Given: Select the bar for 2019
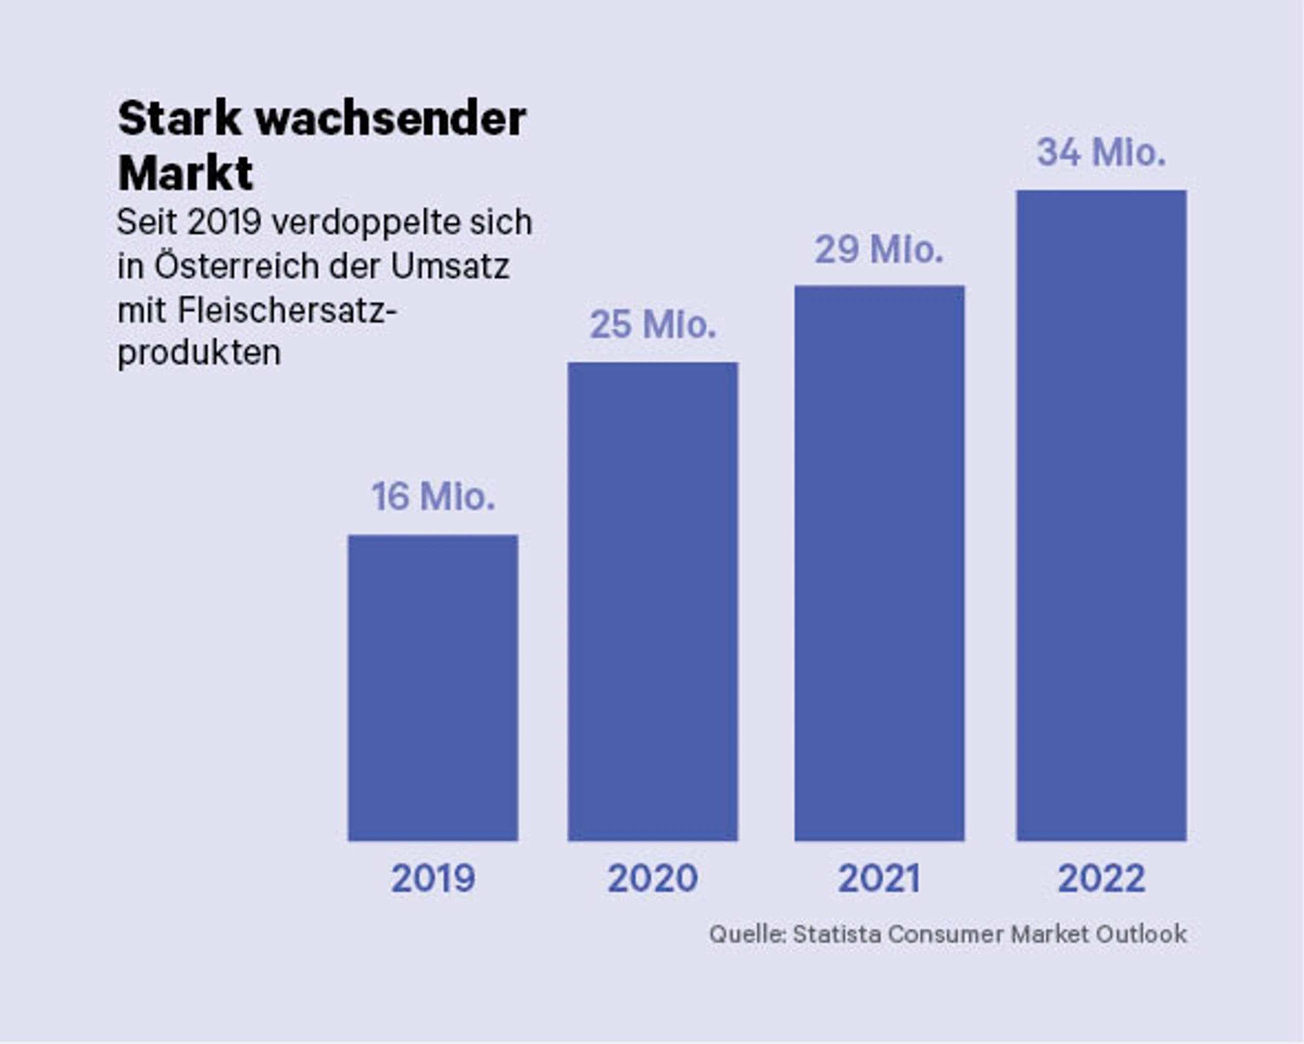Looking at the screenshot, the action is pos(433,688).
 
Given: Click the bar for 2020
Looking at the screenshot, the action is pos(653,602).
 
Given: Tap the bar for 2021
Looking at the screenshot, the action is pos(879,563).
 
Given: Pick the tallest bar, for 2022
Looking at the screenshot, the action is pos(1101,515).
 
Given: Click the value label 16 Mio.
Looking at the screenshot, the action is pos(433,497).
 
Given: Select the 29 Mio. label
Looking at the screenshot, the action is pos(879,249).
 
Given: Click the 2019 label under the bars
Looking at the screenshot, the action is pos(433,878).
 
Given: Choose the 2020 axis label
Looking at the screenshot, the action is pos(653,878).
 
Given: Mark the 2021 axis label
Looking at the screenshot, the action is pos(879,878).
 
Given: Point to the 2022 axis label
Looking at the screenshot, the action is pos(1101,878).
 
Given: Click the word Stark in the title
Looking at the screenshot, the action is pos(180,119).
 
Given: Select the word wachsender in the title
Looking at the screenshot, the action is pos(391,119).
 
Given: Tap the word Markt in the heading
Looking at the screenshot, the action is pos(185,174).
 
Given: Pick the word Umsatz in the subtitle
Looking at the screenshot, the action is pos(450,266).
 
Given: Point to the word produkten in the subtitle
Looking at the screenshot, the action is pos(199,353).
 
